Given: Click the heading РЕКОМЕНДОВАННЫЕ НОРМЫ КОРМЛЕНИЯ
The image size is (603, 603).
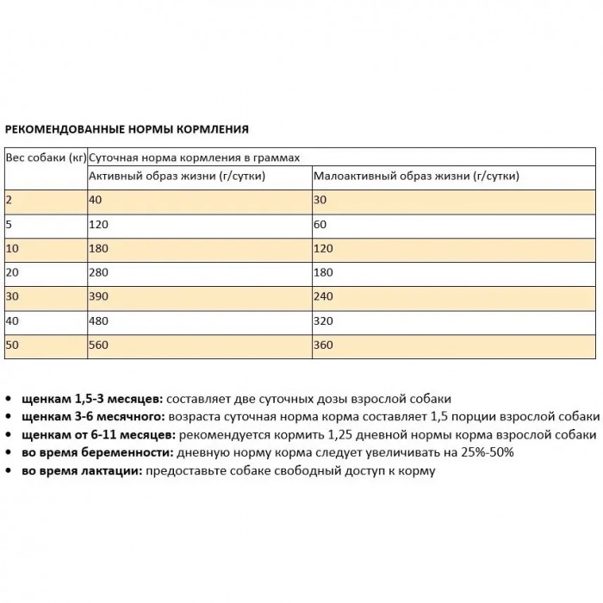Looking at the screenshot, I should point(127,129).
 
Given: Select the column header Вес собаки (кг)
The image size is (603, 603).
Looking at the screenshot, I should point(46,159).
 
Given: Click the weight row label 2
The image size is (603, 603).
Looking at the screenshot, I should point(9,200).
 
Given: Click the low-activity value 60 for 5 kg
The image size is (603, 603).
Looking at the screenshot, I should point(321,224).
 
